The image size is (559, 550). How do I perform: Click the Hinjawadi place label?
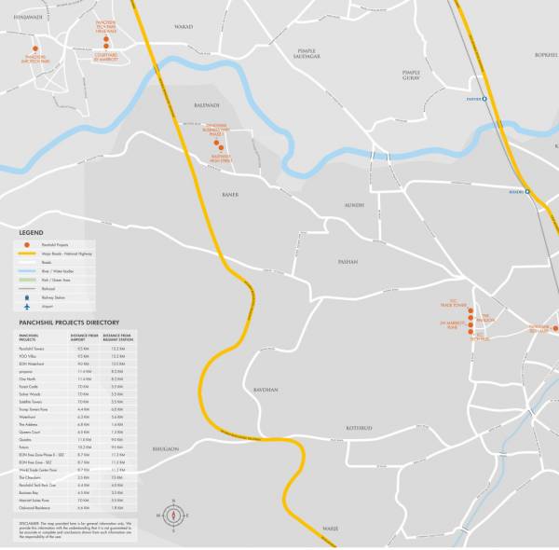(28, 18)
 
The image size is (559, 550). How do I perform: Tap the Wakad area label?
(184, 28)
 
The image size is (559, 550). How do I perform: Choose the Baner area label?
(230, 195)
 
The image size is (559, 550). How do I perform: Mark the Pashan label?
(348, 262)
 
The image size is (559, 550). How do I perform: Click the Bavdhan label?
(266, 390)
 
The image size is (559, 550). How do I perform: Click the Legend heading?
(31, 232)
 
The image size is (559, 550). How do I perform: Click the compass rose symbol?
(172, 515)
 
